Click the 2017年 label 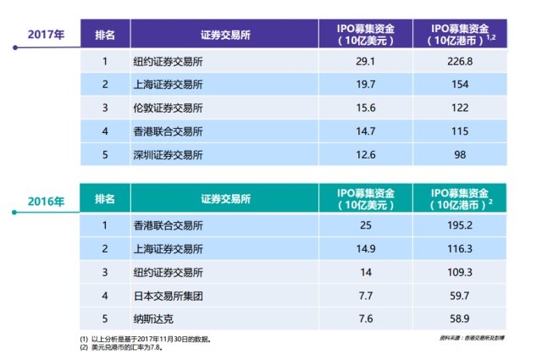coord(45,36)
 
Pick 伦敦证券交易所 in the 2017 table coord(169,108)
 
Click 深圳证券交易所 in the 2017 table coord(169,155)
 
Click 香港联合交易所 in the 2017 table coord(169,132)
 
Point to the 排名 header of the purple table coord(106,36)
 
